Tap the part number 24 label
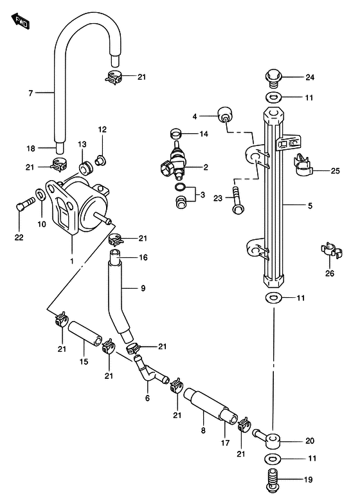point(309,78)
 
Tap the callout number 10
point(42,224)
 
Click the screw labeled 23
point(237,198)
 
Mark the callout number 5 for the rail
point(310,206)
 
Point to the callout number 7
point(30,94)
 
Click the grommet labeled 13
point(85,169)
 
